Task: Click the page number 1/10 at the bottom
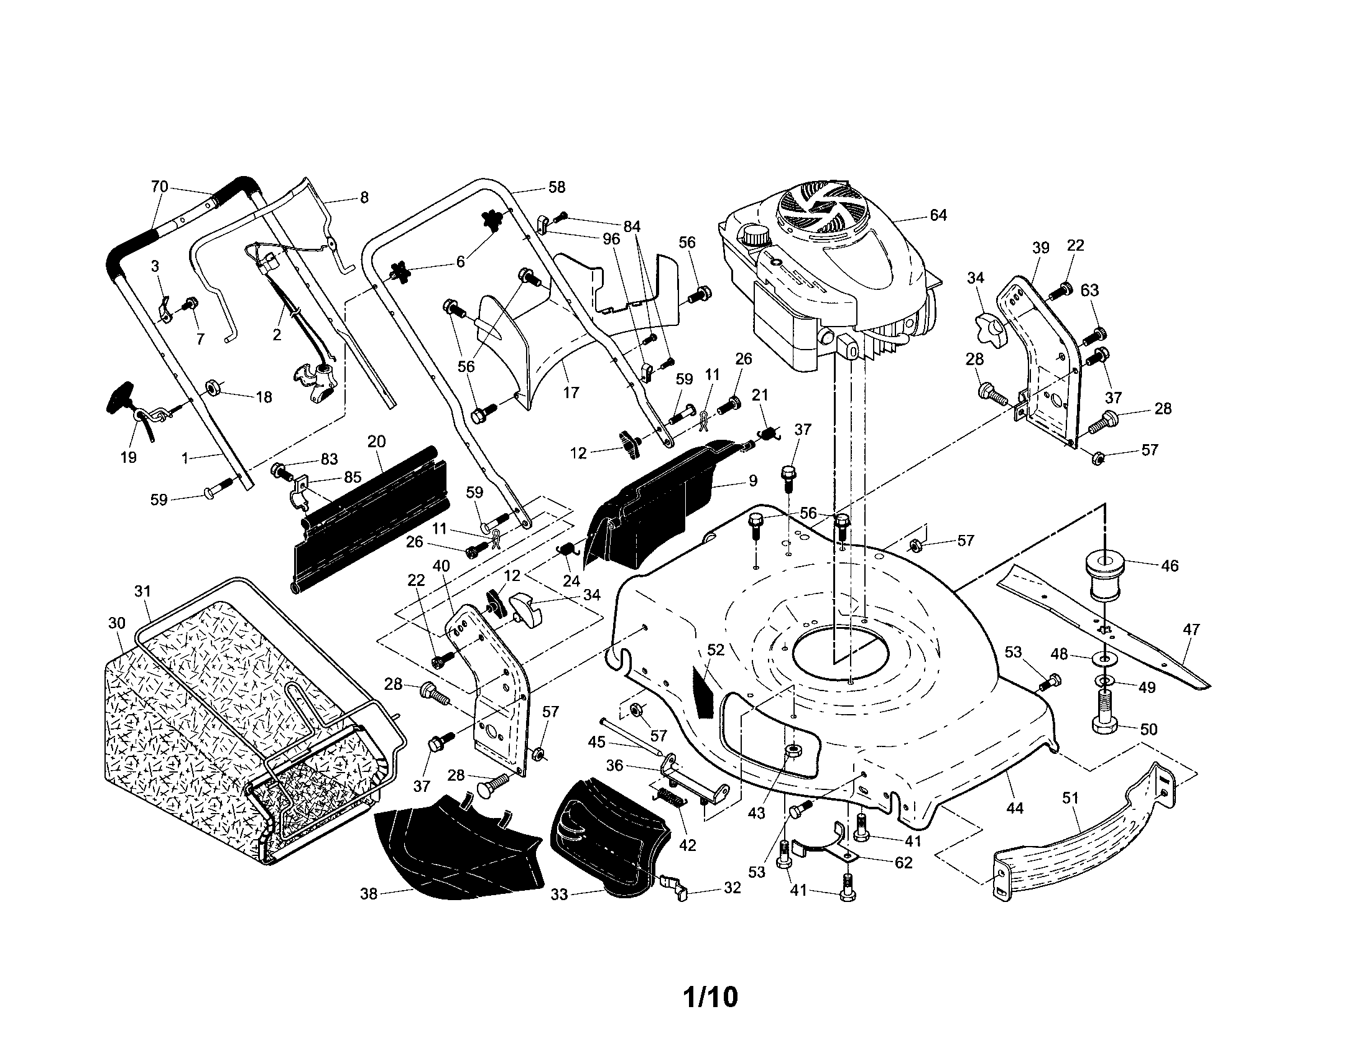pyautogui.click(x=709, y=997)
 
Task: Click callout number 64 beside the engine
pyautogui.click(x=938, y=215)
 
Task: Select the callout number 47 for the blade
pyautogui.click(x=1191, y=630)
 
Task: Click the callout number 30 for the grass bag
pyautogui.click(x=116, y=623)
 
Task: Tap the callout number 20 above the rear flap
pyautogui.click(x=376, y=441)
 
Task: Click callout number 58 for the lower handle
pyautogui.click(x=557, y=187)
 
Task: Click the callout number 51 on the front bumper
pyautogui.click(x=1071, y=798)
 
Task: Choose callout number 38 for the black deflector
pyautogui.click(x=369, y=894)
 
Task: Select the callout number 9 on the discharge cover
pyautogui.click(x=752, y=480)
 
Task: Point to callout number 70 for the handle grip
pyautogui.click(x=160, y=186)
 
